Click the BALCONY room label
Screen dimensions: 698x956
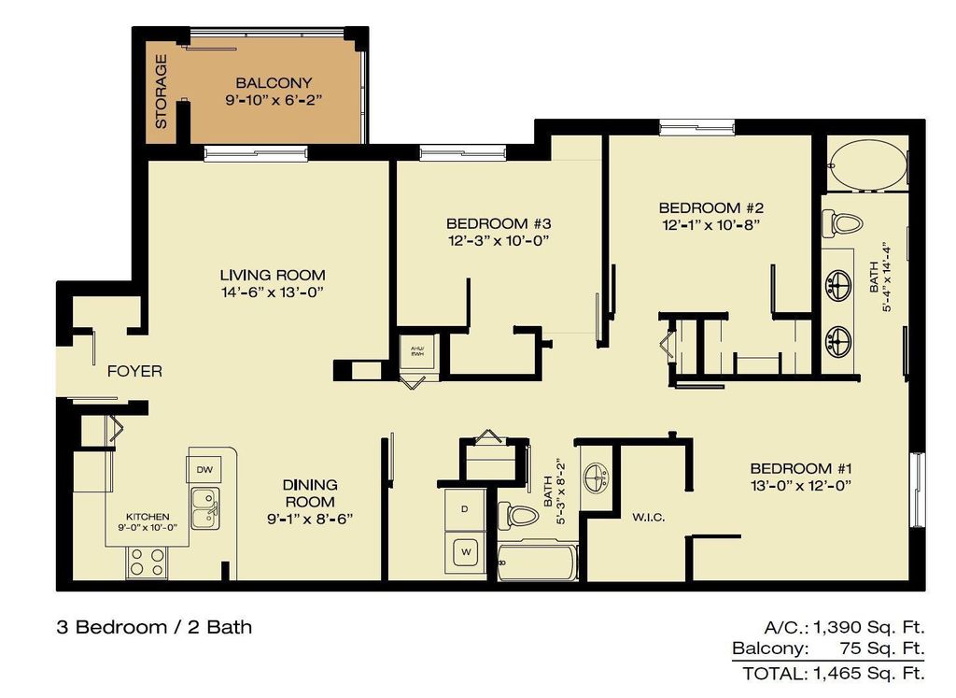point(274,82)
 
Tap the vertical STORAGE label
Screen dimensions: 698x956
point(161,92)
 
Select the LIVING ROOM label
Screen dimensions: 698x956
point(273,275)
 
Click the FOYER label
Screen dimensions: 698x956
point(134,371)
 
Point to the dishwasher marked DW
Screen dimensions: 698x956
point(204,467)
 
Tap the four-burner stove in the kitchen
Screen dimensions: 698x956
point(146,561)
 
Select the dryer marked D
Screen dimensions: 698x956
point(464,509)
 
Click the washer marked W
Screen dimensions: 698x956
point(464,553)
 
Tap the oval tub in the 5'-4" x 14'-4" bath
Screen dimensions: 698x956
point(867,167)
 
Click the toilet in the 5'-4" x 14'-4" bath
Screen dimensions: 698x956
point(844,223)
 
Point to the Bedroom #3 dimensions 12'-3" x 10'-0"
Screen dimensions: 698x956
point(499,240)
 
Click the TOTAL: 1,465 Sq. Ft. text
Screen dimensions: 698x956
point(833,672)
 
